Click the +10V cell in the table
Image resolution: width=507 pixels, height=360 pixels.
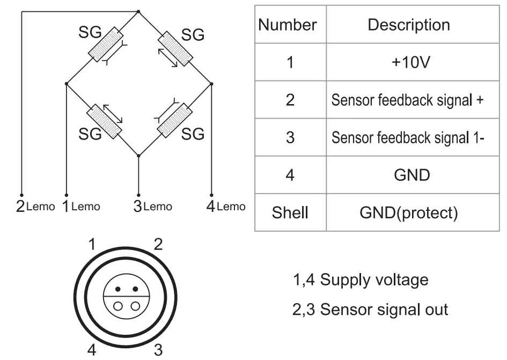tap(410, 62)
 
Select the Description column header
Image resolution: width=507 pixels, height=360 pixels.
tap(409, 25)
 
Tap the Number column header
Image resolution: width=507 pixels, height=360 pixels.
tap(287, 25)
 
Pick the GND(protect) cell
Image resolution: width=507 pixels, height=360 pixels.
tap(409, 212)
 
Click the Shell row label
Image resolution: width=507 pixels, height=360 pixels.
tap(290, 212)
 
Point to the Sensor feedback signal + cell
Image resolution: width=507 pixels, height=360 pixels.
tap(407, 100)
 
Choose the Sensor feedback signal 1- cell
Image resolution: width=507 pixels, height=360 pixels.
tap(408, 137)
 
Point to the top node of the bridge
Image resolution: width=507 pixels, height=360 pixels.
tap(138, 12)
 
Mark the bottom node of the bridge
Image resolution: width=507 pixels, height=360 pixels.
tap(138, 156)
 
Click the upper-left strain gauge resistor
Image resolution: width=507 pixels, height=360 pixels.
tap(106, 44)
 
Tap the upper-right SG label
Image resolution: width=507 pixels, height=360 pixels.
tap(193, 35)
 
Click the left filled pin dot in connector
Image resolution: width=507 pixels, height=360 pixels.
tap(118, 289)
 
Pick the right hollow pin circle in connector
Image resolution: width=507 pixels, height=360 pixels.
tap(135, 306)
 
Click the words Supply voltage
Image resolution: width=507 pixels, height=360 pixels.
tap(374, 280)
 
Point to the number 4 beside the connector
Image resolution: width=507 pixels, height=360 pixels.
tap(92, 350)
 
